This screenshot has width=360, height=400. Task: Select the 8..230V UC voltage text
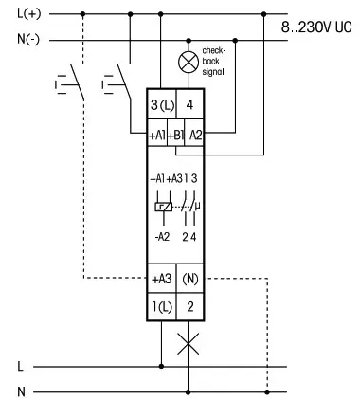tap(316, 27)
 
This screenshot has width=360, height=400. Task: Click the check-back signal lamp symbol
tap(189, 64)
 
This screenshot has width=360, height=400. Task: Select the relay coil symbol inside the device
tap(165, 207)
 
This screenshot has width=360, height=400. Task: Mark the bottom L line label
tap(19, 364)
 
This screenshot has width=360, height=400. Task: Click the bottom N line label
tap(19, 390)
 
